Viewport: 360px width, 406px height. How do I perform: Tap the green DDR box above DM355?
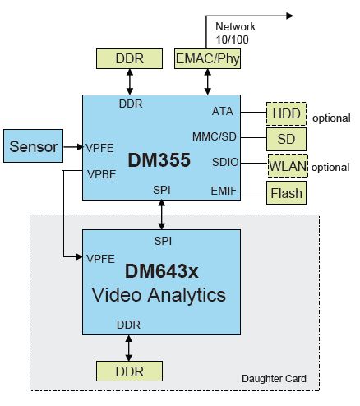pyautogui.click(x=130, y=58)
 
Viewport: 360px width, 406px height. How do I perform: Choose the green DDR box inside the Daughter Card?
pyautogui.click(x=130, y=371)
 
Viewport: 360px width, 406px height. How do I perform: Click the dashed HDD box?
pyautogui.click(x=285, y=114)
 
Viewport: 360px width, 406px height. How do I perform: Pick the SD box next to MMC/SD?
pyautogui.click(x=285, y=139)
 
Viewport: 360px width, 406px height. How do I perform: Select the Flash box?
pyautogui.click(x=285, y=194)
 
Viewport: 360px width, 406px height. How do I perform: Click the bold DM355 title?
pyautogui.click(x=160, y=160)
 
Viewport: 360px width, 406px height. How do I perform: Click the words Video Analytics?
pyautogui.click(x=160, y=293)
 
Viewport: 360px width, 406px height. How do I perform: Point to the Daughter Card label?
pyautogui.click(x=275, y=379)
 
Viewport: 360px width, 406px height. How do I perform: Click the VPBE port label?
pyautogui.click(x=100, y=173)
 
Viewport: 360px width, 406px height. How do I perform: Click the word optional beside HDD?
pyautogui.click(x=331, y=118)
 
